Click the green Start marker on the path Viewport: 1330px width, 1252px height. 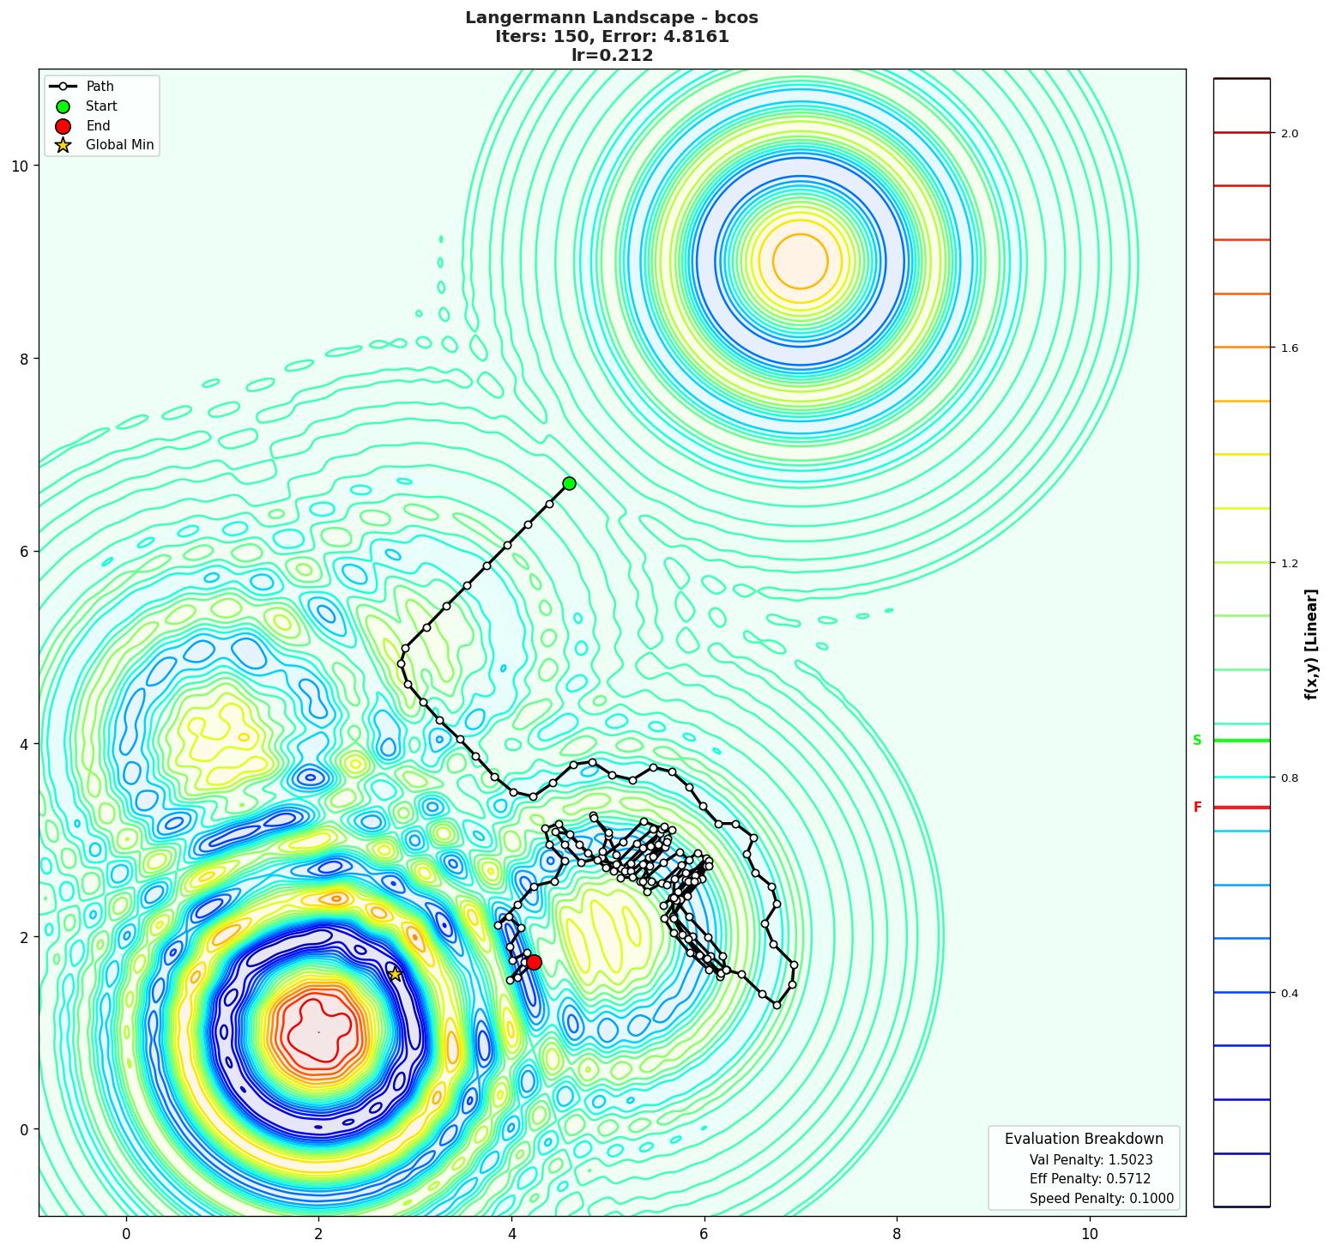(x=569, y=483)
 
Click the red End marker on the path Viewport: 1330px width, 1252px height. (x=534, y=962)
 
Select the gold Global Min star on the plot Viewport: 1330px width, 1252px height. (x=395, y=974)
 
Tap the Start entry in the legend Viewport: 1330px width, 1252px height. (x=101, y=106)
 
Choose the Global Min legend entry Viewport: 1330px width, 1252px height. (x=119, y=145)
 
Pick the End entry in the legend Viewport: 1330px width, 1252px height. (x=98, y=126)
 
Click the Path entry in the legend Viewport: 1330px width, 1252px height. (x=100, y=87)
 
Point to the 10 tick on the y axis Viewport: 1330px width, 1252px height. (x=19, y=166)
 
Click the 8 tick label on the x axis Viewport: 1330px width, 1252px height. (x=897, y=1234)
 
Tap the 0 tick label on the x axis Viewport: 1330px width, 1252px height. (x=126, y=1234)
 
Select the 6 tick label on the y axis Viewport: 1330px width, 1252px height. (x=24, y=551)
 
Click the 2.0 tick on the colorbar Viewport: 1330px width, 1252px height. (x=1290, y=133)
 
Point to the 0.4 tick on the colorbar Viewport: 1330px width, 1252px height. (x=1290, y=993)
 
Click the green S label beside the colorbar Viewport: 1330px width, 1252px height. (x=1197, y=741)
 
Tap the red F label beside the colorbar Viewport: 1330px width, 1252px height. (x=1197, y=807)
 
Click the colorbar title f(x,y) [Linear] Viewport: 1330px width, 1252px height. (x=1310, y=644)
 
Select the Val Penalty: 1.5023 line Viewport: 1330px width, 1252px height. (x=1091, y=1159)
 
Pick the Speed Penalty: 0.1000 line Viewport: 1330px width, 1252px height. (x=1101, y=1199)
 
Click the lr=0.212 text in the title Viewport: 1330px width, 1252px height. (x=612, y=56)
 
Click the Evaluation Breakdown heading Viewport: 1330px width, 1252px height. (x=1084, y=1139)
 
